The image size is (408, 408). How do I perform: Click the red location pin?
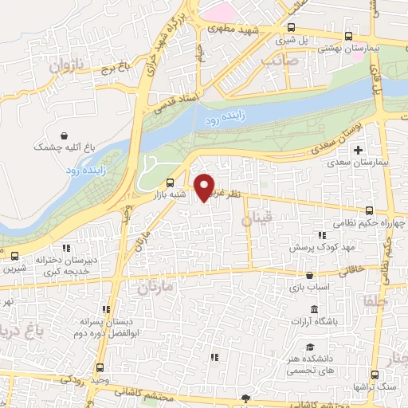(206, 186)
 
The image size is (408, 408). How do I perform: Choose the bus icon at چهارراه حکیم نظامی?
(368, 211)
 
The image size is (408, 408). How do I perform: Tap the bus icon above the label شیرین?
(15, 256)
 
